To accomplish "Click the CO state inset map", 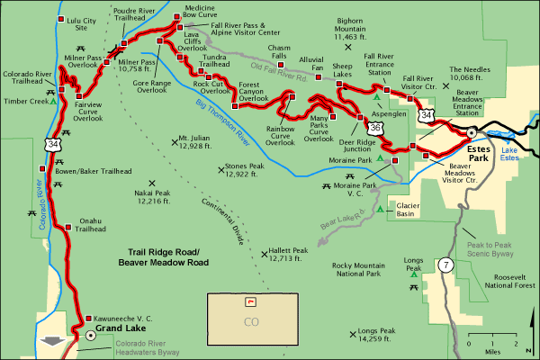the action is pyautogui.click(x=250, y=318).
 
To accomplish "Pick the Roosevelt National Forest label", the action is pyautogui.click(x=504, y=281).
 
